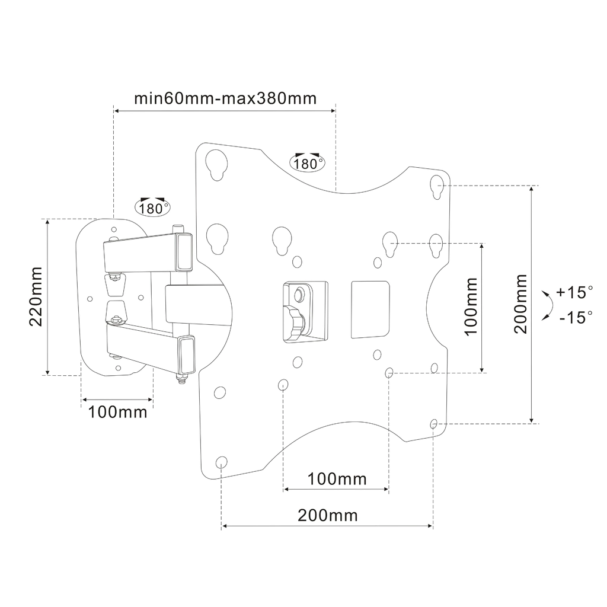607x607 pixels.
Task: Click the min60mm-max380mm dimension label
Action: coord(225,98)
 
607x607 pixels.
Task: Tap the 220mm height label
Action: coord(36,296)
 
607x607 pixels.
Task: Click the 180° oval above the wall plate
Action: coord(152,207)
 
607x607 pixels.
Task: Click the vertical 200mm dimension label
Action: coord(521,304)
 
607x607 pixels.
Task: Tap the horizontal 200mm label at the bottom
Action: coord(327,516)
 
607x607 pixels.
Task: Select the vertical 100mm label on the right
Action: coord(471,306)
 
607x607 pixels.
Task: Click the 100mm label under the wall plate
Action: coord(118,412)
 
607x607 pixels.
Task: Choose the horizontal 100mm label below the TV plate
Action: coord(337,479)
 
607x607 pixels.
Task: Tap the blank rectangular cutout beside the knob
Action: coord(370,309)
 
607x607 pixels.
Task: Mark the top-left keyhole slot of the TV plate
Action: coord(216,165)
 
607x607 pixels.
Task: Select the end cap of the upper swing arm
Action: coord(184,252)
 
